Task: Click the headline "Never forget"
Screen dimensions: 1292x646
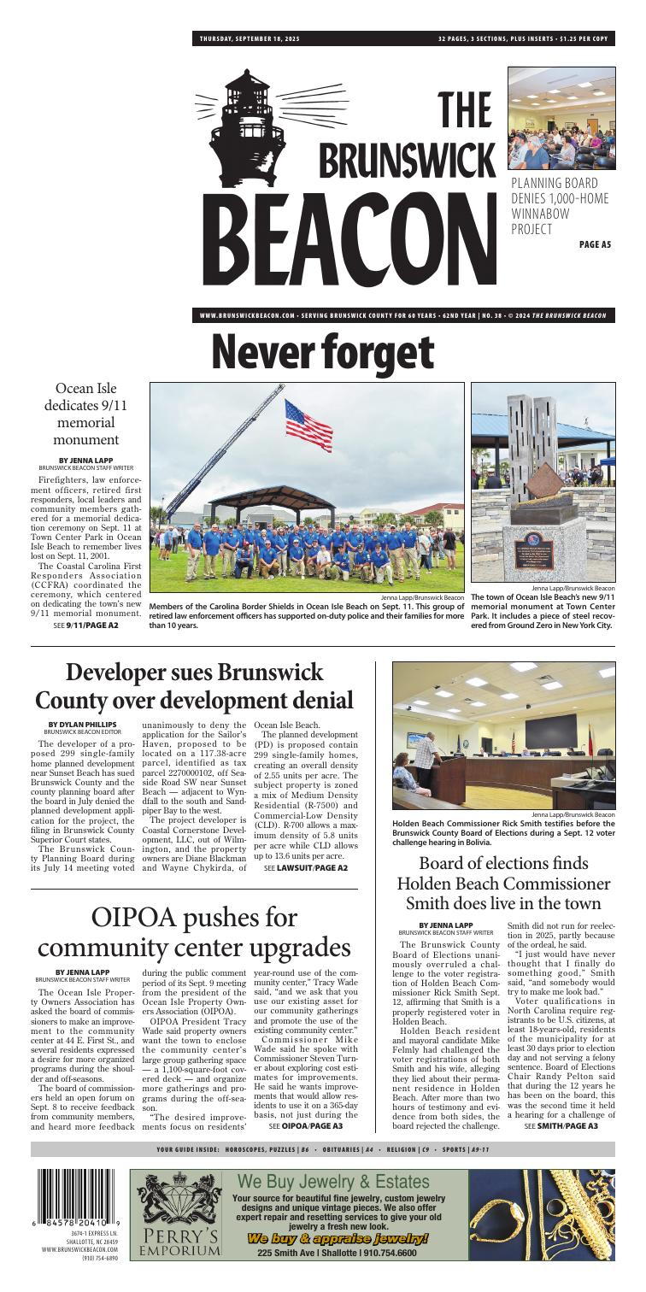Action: tap(322, 351)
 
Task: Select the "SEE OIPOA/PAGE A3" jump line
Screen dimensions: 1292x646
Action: tap(305, 1125)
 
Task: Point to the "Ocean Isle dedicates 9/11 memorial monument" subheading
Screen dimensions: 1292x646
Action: tap(83, 415)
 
